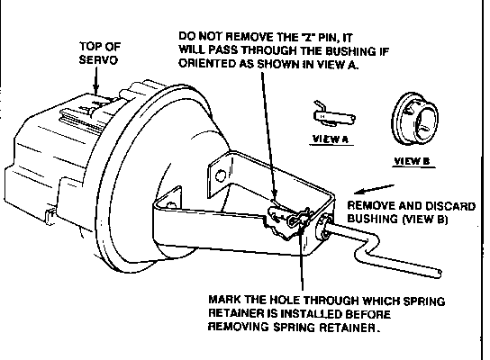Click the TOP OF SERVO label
(100, 53)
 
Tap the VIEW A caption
(331, 139)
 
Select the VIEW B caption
(412, 161)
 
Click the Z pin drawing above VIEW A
(333, 115)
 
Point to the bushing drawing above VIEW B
(414, 118)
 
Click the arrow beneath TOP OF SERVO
(95, 80)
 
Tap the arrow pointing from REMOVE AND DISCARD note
(374, 189)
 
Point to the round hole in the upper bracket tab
(221, 175)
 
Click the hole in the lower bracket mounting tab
(170, 205)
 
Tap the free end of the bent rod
(439, 274)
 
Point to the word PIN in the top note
(328, 38)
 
